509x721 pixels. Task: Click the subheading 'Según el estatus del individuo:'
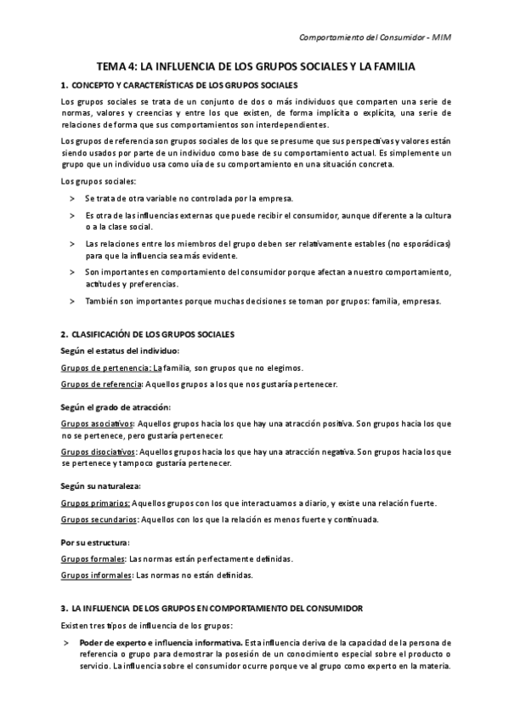pyautogui.click(x=120, y=351)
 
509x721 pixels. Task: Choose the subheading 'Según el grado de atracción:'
pyautogui.click(x=116, y=406)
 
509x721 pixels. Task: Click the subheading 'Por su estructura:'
pyautogui.click(x=95, y=542)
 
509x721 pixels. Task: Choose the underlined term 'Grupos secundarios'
pyautogui.click(x=99, y=519)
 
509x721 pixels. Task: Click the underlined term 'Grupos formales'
pyautogui.click(x=92, y=559)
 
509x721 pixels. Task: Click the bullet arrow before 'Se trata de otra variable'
pyautogui.click(x=72, y=197)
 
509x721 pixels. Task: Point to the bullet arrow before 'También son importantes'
pyautogui.click(x=72, y=301)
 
